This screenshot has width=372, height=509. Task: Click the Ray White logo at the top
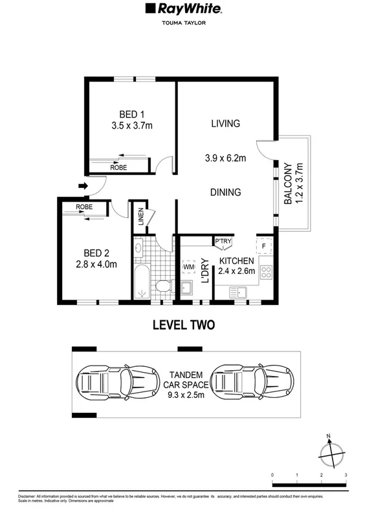[186, 10]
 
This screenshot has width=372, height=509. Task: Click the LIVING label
[225, 123]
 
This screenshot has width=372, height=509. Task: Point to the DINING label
[225, 192]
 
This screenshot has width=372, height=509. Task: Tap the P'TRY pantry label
[223, 242]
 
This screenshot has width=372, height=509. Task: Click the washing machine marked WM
[189, 265]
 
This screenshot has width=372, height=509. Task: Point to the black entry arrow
[82, 187]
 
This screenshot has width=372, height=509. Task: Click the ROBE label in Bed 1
[118, 167]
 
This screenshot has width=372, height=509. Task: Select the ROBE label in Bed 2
[84, 207]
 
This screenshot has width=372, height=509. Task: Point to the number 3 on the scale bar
[346, 475]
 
